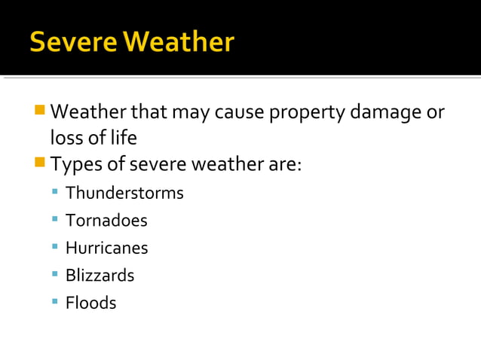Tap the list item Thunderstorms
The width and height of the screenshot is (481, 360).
(x=124, y=193)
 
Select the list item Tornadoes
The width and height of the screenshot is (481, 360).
(x=106, y=221)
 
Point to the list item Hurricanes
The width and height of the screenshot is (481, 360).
(x=106, y=248)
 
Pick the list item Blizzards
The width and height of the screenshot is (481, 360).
(x=100, y=276)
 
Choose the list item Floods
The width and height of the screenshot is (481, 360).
(x=90, y=303)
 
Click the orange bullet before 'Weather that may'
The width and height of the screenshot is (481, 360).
(x=40, y=111)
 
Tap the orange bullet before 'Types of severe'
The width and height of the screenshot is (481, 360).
(x=40, y=162)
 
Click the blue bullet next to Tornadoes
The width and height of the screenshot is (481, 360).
(x=55, y=219)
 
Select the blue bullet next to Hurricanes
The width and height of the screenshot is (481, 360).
(x=55, y=246)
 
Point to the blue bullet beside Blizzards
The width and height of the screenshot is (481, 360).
(x=55, y=274)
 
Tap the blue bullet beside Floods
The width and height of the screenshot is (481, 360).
(x=55, y=301)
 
